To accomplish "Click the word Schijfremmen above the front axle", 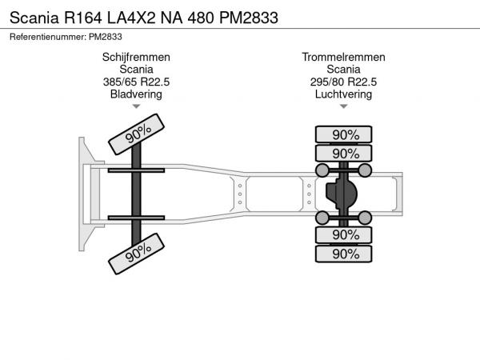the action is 136,58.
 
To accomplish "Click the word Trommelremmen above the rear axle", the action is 343,58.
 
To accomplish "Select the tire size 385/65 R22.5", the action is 136,82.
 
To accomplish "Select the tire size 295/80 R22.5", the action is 343,82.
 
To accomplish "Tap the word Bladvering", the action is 136,94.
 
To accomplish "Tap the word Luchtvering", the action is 343,94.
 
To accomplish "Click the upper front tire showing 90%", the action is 137,134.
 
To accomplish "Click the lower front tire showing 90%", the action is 137,254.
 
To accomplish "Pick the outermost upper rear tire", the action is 343,134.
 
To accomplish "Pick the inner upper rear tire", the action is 343,154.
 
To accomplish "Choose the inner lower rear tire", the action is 343,235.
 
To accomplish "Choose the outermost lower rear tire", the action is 343,254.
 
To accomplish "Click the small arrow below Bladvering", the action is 136,106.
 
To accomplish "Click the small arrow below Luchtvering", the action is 343,106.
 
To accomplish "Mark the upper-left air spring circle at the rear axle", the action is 322,170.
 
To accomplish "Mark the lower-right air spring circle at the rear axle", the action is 365,218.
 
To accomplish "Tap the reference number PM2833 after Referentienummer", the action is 106,37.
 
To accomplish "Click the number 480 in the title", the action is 201,18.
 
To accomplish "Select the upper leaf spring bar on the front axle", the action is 136,170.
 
